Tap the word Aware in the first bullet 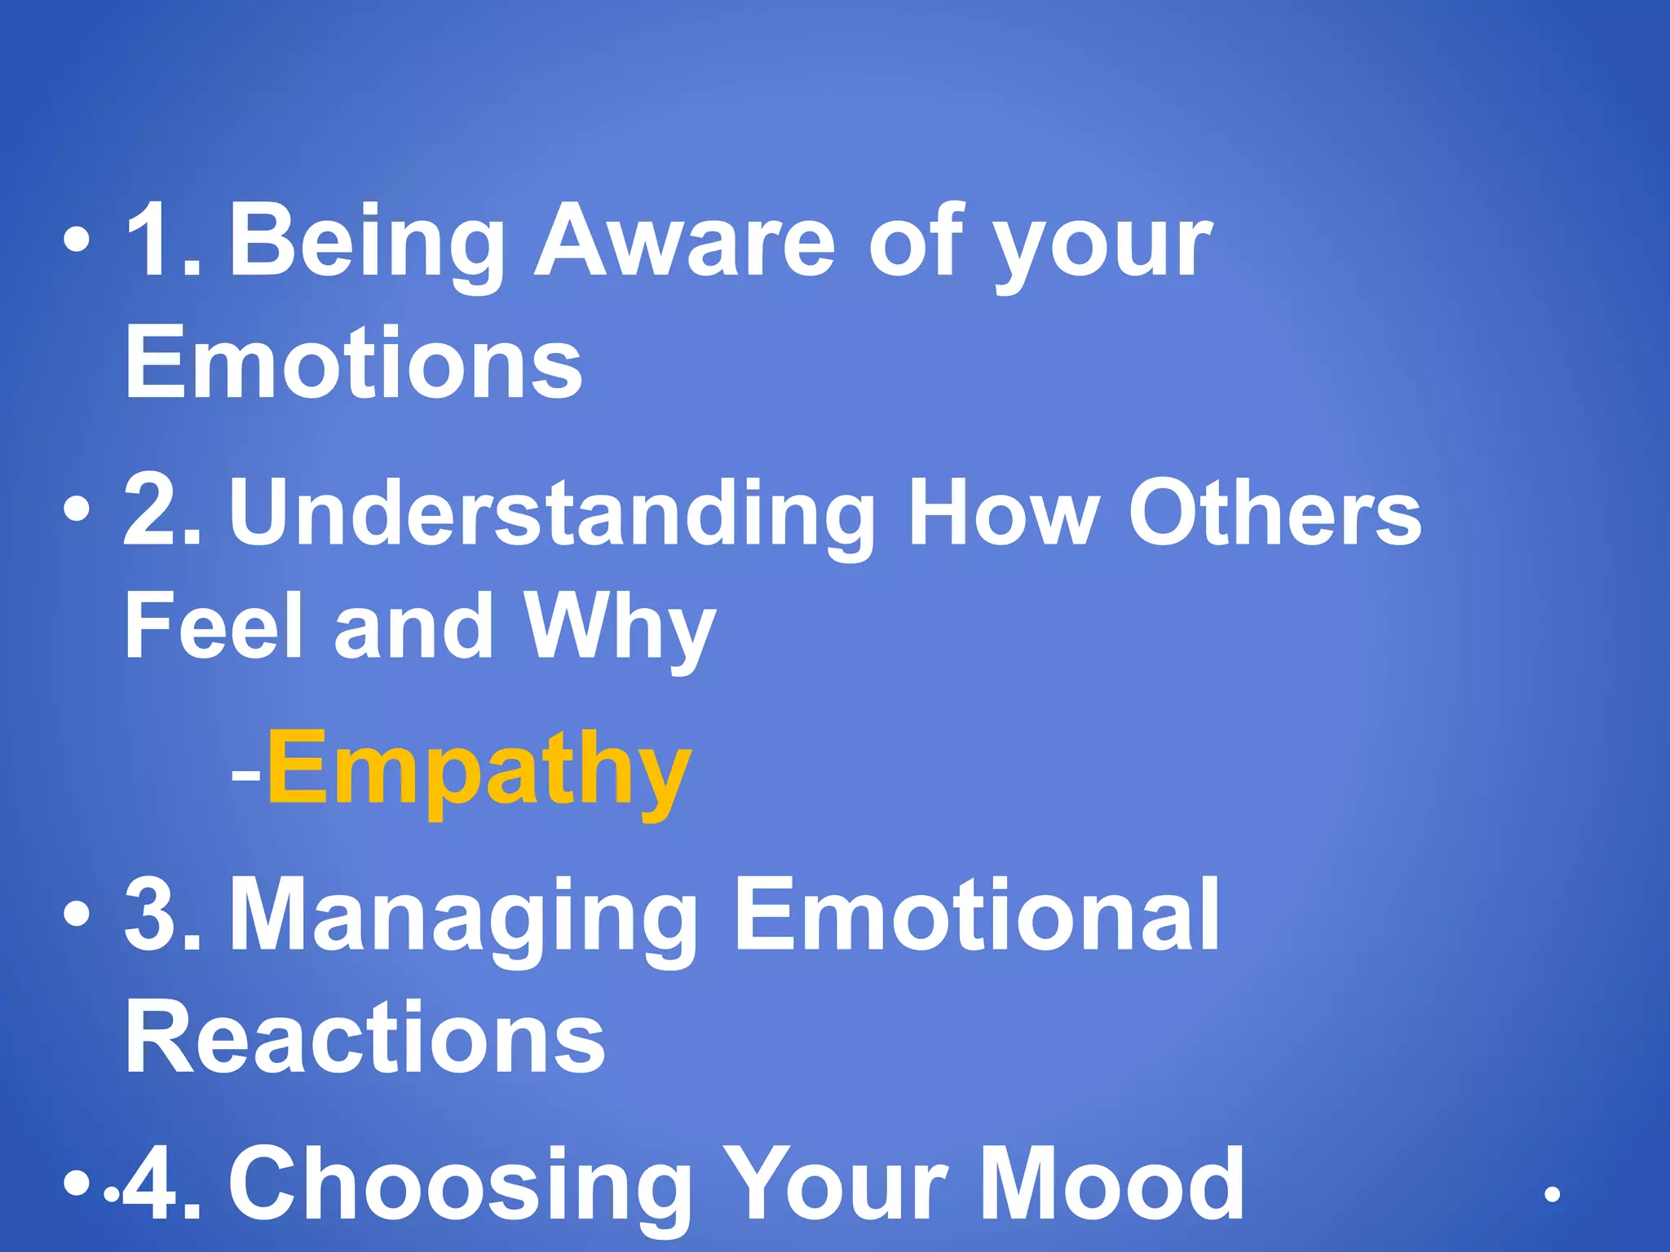[x=685, y=242]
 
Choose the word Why [x=620, y=626]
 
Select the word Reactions [x=364, y=1038]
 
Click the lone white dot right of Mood [x=1553, y=1195]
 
